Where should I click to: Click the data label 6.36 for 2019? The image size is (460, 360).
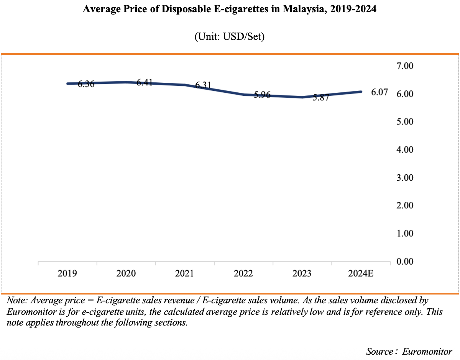click(86, 84)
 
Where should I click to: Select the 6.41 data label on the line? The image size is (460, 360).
click(145, 82)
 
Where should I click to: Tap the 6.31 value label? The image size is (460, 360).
click(204, 85)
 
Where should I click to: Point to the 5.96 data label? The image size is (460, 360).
click(262, 95)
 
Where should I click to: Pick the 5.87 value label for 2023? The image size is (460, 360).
click(321, 98)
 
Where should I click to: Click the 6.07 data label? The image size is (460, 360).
click(379, 92)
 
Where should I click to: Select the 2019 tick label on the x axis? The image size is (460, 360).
click(67, 274)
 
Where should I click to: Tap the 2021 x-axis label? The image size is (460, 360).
click(184, 274)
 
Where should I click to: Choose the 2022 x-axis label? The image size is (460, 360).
click(243, 274)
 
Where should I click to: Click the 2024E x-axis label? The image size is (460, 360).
click(361, 274)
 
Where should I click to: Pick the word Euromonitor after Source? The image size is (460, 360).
click(427, 351)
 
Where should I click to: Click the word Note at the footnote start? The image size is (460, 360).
click(16, 300)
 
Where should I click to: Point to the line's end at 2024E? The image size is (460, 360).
click(361, 92)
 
